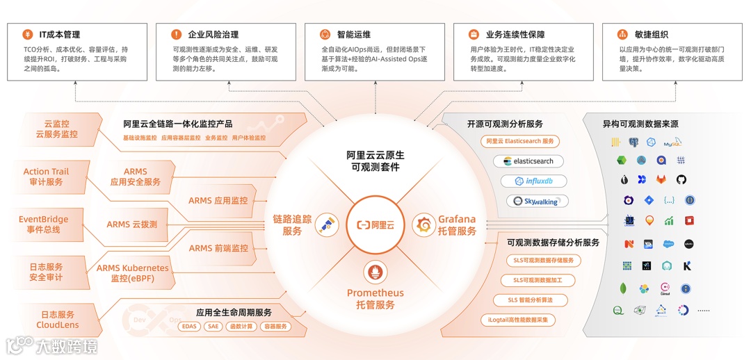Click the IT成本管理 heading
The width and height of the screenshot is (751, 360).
(59, 34)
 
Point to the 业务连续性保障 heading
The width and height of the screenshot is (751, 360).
(515, 34)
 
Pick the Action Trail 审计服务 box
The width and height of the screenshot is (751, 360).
(46, 177)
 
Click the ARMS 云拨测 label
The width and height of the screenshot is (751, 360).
(131, 224)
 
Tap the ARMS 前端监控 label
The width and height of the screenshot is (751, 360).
(218, 248)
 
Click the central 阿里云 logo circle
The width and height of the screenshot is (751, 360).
(375, 224)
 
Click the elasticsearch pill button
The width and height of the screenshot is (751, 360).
(528, 161)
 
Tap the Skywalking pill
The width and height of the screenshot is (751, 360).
(536, 202)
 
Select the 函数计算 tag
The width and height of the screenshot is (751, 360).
(241, 326)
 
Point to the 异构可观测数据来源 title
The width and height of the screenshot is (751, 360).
(640, 124)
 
